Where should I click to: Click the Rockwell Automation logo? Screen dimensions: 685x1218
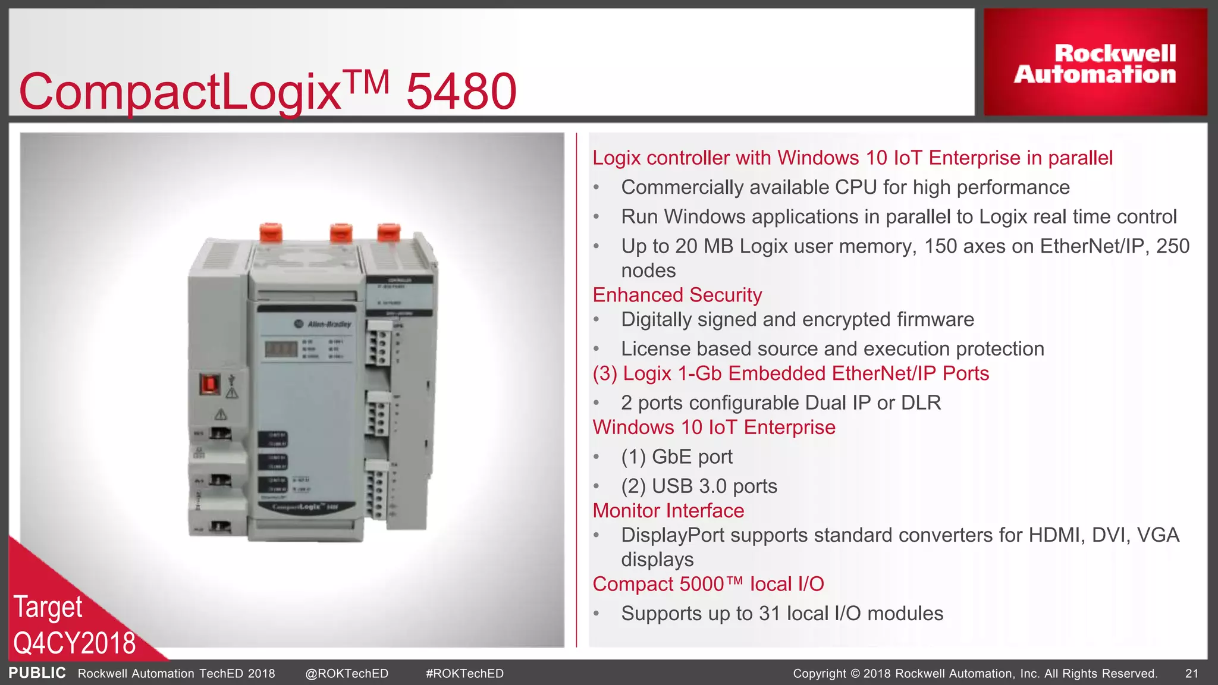click(1095, 64)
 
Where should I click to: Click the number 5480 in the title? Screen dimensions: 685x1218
click(461, 92)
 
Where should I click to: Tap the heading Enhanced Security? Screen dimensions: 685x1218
click(677, 295)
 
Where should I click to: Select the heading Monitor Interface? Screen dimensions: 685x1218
click(668, 511)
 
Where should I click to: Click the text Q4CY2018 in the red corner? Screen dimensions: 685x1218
click(74, 643)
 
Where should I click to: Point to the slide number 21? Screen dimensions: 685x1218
click(1191, 674)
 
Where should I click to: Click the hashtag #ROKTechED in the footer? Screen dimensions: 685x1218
click(464, 674)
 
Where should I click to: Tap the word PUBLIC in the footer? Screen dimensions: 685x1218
click(37, 673)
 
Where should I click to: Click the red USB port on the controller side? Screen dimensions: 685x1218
click(209, 384)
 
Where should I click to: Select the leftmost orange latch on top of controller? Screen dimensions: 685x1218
click(271, 232)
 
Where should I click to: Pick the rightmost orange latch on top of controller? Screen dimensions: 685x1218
click(388, 232)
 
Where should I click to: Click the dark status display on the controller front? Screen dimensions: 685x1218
click(281, 349)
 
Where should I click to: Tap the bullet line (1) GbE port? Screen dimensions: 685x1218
click(676, 457)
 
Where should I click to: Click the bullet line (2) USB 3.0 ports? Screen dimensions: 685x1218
click(699, 486)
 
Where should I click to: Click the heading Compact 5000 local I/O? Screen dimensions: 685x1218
click(708, 584)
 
